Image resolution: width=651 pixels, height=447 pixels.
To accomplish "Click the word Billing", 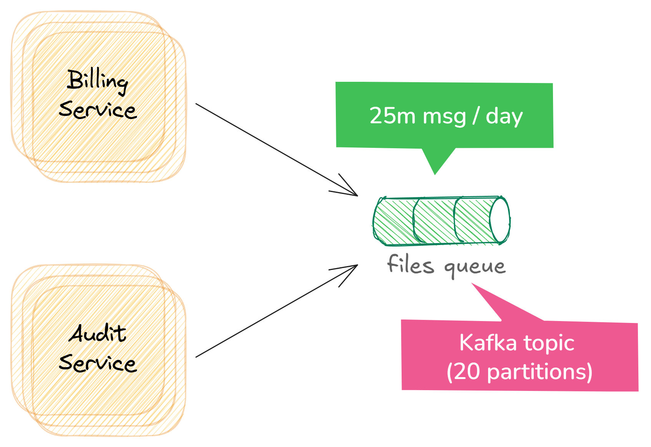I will tap(97, 81).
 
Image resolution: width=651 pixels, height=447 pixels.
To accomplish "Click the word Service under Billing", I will tap(98, 110).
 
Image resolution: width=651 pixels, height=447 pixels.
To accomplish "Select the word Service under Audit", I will tap(98, 363).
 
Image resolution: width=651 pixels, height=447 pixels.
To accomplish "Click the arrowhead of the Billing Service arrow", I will tap(355, 194).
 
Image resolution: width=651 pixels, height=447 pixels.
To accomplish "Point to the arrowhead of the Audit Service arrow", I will tap(355, 266).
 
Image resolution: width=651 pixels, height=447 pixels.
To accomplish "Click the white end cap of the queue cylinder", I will tap(500, 220).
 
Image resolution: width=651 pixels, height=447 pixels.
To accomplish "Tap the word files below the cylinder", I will tap(410, 265).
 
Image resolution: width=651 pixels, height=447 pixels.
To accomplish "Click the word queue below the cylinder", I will tap(475, 267).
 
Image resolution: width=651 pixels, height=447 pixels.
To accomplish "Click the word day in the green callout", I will tap(504, 116).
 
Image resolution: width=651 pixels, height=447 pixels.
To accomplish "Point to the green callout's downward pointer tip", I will tap(435, 174).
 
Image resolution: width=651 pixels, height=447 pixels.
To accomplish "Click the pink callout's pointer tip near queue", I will tap(473, 284).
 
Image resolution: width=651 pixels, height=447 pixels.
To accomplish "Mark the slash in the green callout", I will tap(476, 116).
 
